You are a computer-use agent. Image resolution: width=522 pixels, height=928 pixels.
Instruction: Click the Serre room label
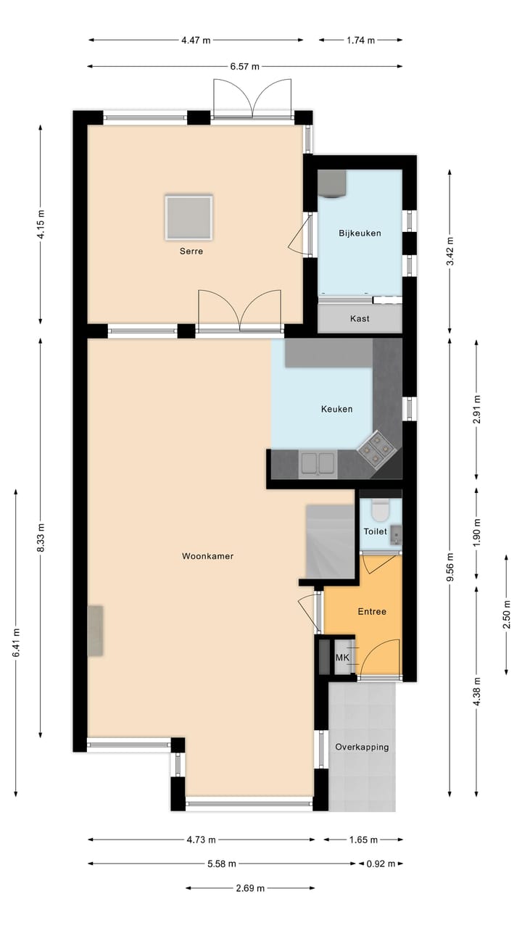[191, 252]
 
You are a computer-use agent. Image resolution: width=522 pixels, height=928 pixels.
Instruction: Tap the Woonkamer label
[207, 556]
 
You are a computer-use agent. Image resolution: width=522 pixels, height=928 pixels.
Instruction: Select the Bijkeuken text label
[360, 233]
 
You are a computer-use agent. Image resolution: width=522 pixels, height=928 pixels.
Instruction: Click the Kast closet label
[360, 318]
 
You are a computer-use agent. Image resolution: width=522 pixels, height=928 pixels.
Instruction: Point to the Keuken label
[336, 409]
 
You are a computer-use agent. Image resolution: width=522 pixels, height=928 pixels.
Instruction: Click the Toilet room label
[375, 531]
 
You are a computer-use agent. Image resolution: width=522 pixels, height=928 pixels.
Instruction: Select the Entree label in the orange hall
[372, 611]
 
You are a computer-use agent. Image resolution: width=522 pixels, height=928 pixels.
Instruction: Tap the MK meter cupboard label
[342, 658]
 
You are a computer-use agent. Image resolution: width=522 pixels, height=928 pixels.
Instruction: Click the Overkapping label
[362, 747]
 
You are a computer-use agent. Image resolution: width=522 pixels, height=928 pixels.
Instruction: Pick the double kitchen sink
[318, 463]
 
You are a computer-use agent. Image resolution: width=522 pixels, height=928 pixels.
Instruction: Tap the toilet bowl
[380, 510]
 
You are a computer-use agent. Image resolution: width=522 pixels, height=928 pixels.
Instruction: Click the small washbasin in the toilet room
[395, 535]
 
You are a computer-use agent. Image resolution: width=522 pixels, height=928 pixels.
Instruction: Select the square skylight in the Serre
[188, 217]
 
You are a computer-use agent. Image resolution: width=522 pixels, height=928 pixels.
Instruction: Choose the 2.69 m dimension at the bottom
[250, 888]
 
